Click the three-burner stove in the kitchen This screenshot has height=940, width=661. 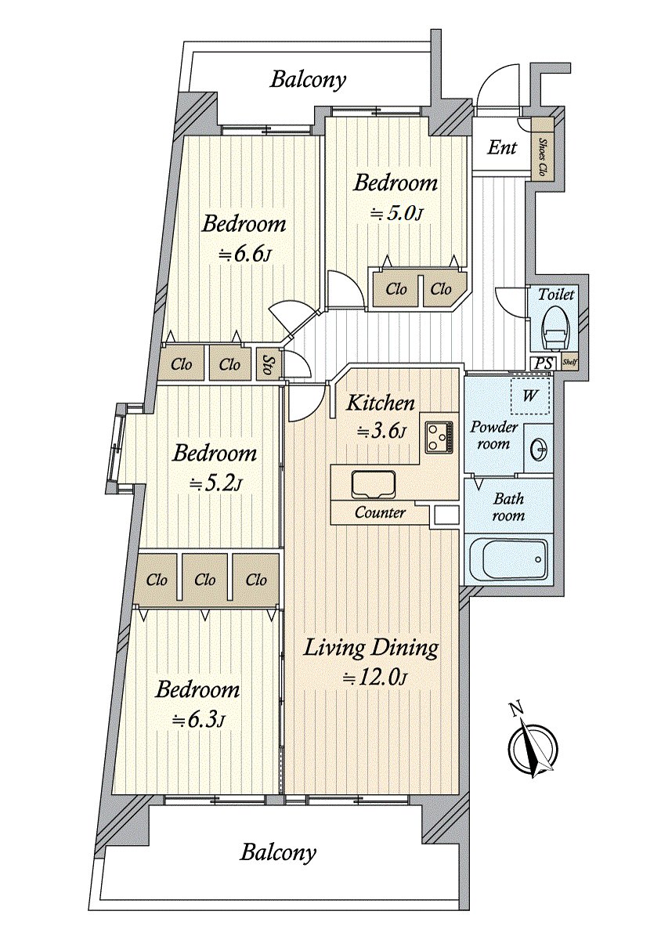[x=439, y=437]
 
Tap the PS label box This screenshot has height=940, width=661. [x=544, y=363]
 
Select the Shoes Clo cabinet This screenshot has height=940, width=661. [x=543, y=150]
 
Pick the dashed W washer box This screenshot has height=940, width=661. [x=529, y=396]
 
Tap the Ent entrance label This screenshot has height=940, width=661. [x=502, y=147]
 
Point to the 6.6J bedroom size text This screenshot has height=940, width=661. [x=242, y=255]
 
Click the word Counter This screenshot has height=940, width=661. [x=380, y=512]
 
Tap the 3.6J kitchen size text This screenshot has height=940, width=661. [x=381, y=431]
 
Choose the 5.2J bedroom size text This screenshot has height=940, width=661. [x=215, y=484]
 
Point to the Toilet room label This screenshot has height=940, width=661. [x=555, y=295]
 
